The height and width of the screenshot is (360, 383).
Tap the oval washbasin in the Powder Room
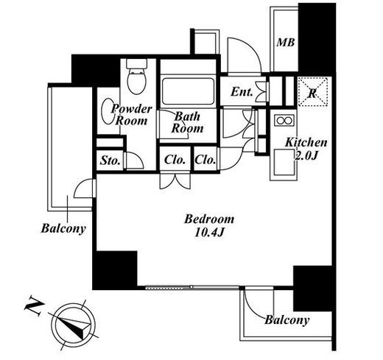[108, 111]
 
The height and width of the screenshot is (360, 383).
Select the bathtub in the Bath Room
[188, 91]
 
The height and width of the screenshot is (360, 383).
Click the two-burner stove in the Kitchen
[284, 121]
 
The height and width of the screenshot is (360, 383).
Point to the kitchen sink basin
[284, 162]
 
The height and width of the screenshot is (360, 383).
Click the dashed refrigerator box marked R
[313, 91]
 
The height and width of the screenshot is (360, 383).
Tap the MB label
[286, 43]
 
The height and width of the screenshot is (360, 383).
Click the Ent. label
[242, 92]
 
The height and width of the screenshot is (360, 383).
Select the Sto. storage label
[110, 160]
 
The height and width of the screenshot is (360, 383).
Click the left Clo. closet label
[175, 160]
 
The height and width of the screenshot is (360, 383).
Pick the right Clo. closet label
[205, 160]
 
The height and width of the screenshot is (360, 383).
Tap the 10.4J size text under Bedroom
[209, 232]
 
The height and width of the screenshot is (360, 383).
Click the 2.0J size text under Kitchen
[306, 155]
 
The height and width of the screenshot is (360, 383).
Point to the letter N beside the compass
[33, 306]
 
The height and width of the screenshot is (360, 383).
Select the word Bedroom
[209, 219]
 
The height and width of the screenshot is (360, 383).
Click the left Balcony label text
[63, 228]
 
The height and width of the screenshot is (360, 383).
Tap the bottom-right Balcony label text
[287, 320]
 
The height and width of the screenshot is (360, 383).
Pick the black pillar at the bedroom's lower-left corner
[115, 270]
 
